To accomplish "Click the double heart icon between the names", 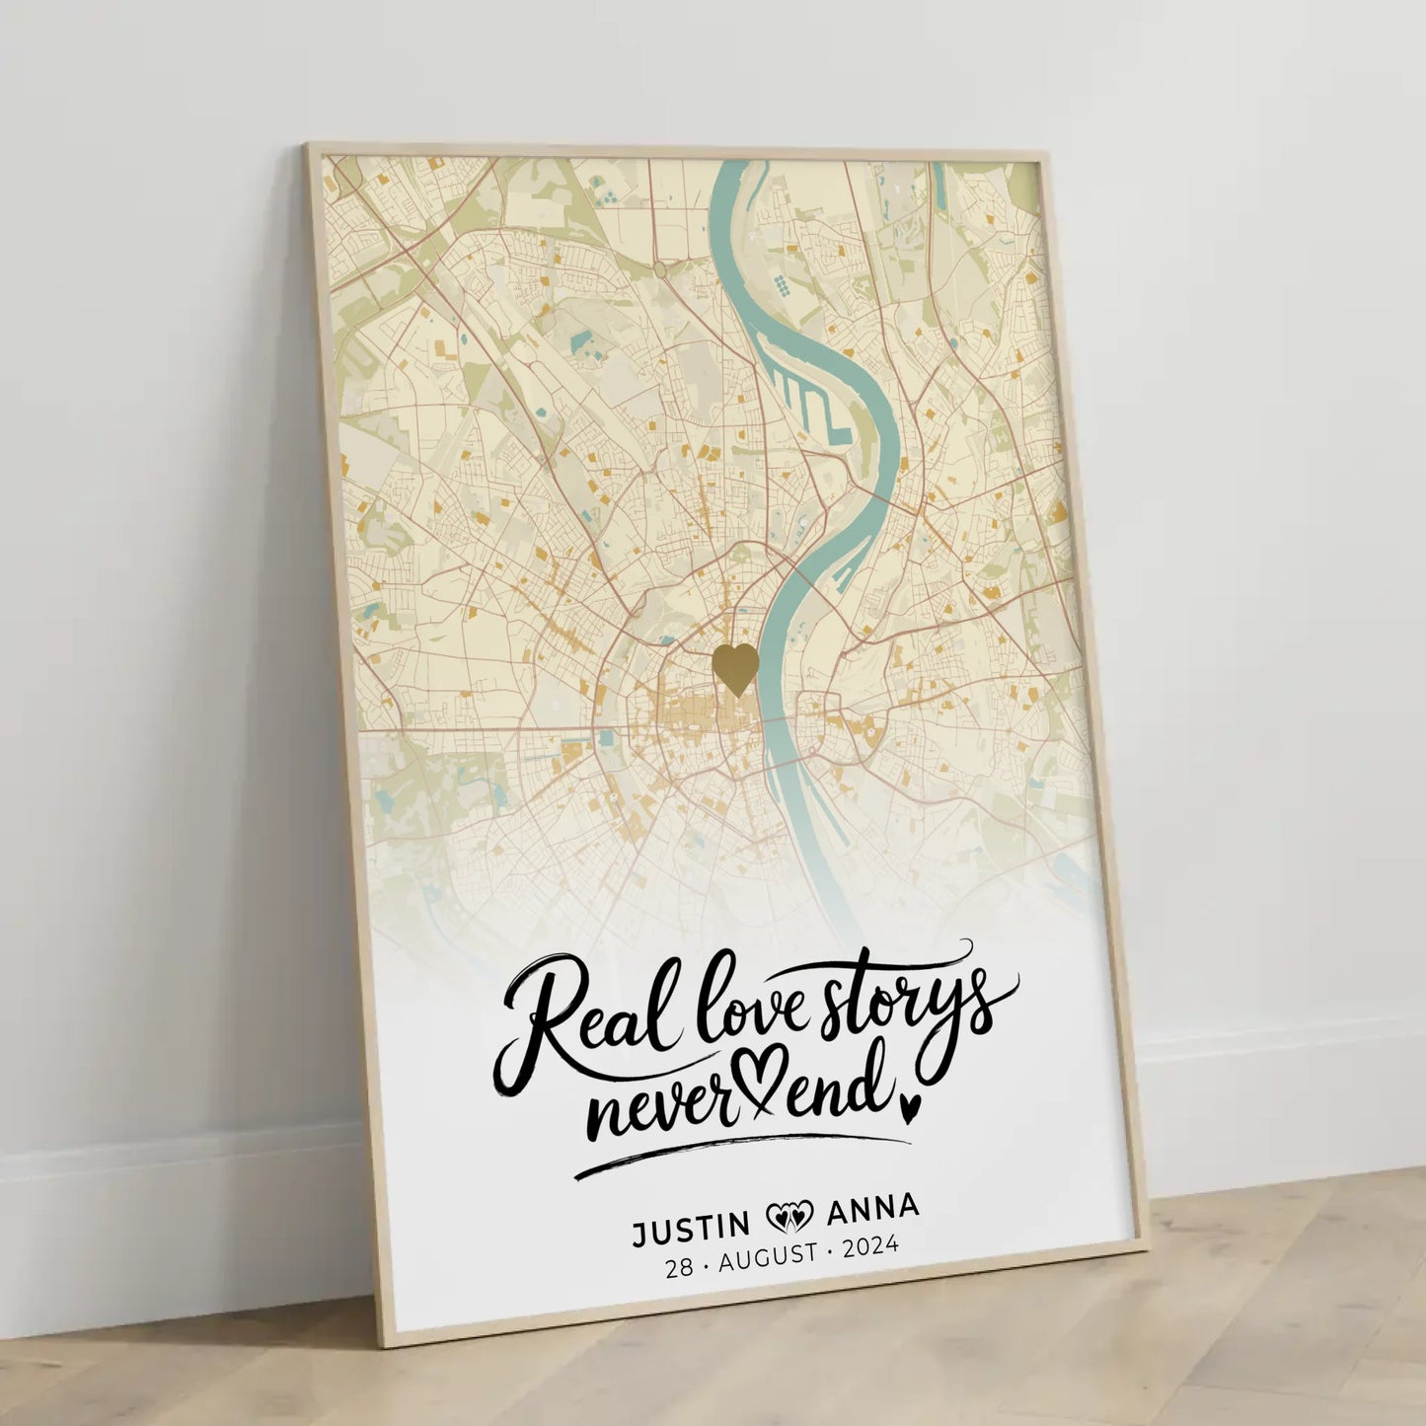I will pyautogui.click(x=788, y=1217).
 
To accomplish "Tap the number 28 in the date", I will pyautogui.click(x=680, y=1269).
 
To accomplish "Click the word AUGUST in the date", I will pyautogui.click(x=769, y=1257).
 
